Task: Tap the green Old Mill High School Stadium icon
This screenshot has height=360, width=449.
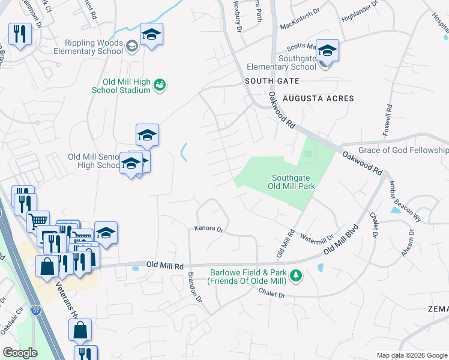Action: (x=160, y=85)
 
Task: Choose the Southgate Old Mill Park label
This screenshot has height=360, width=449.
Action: (x=294, y=182)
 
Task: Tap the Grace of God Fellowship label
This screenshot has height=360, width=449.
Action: (x=403, y=150)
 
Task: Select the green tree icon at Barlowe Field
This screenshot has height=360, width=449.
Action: (x=295, y=276)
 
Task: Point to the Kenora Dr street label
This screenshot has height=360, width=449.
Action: (x=208, y=229)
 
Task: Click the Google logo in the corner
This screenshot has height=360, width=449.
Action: (x=20, y=353)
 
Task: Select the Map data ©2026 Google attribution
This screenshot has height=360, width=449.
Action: (x=411, y=355)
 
